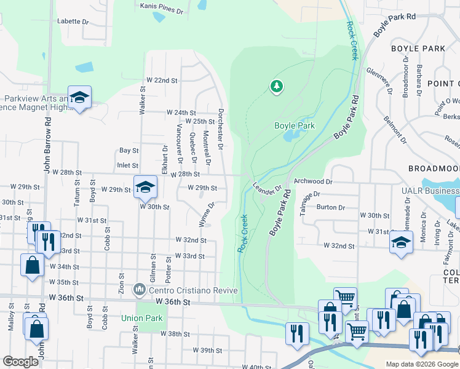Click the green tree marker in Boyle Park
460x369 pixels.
click(277, 86)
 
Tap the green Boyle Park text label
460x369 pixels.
click(294, 125)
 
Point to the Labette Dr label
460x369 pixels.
click(73, 21)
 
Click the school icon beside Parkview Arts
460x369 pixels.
click(79, 98)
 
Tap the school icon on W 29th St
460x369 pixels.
click(145, 187)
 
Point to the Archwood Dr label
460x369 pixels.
click(313, 182)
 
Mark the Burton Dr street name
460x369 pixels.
click(330, 207)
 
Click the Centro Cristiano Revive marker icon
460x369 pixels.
click(140, 288)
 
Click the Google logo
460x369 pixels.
click(20, 362)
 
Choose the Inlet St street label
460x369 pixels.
click(127, 165)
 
